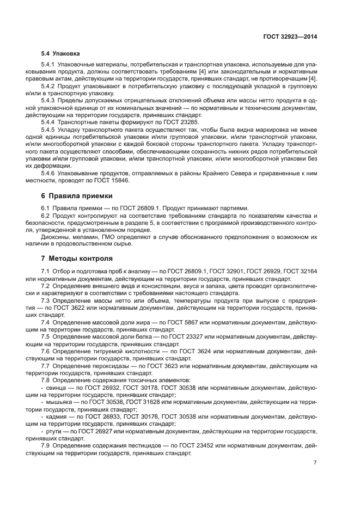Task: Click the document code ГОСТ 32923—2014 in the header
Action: (291, 36)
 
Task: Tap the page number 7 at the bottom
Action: (315, 462)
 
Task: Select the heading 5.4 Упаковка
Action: (60, 54)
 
